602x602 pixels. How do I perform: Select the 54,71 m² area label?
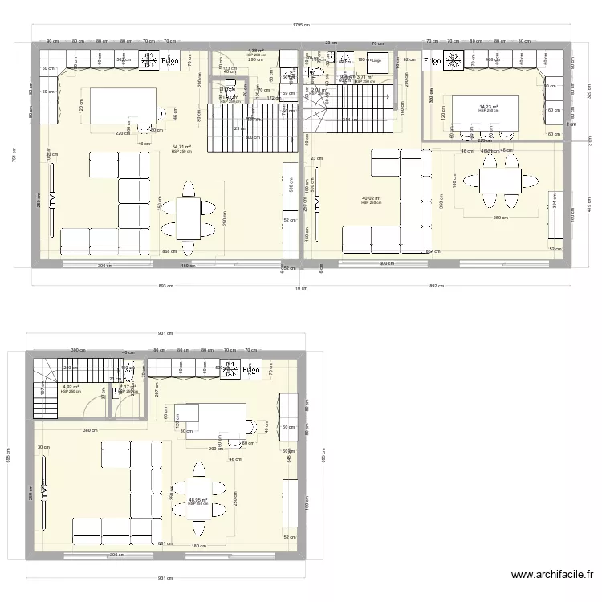tap(181, 148)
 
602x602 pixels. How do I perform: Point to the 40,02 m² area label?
tap(371, 198)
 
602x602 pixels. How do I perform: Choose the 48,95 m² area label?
tap(197, 500)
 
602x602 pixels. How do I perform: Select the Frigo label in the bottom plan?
tap(250, 371)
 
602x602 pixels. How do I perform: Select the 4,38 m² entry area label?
tap(255, 51)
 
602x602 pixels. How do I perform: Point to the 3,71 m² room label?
tap(364, 77)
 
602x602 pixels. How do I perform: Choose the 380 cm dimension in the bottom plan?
tap(92, 430)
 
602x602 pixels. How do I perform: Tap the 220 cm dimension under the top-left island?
tap(121, 133)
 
